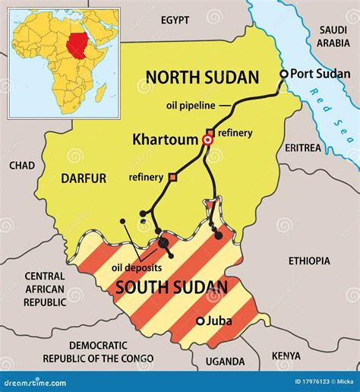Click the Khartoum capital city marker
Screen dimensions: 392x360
click(x=207, y=141)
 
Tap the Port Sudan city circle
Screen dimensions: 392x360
click(x=284, y=74)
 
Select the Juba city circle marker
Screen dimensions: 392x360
click(x=201, y=321)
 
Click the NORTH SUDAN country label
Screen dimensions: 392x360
click(x=202, y=77)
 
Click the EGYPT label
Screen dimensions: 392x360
click(x=175, y=20)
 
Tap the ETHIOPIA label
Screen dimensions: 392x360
click(x=309, y=261)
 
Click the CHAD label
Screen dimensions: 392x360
click(x=22, y=165)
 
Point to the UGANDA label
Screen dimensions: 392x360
click(x=226, y=362)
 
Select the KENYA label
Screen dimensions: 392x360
click(x=286, y=355)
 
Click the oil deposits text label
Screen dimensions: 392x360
click(x=137, y=267)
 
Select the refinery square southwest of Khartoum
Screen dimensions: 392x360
click(x=172, y=177)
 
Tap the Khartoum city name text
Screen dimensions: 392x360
click(x=165, y=140)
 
